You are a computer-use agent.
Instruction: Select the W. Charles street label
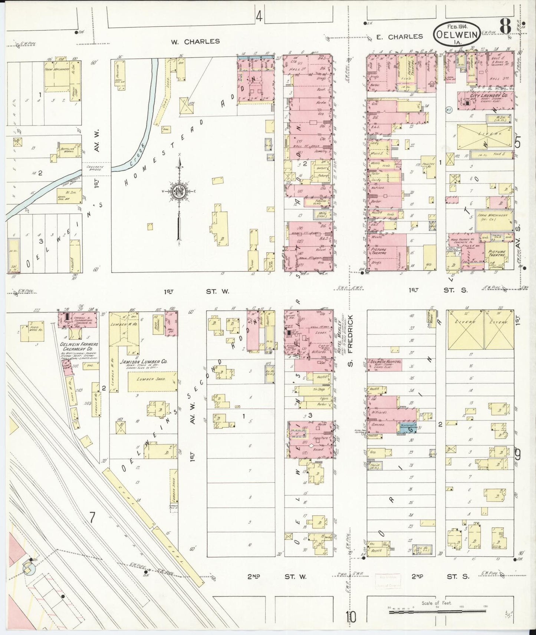tap(195, 41)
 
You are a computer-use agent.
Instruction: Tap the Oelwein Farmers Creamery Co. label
tap(76, 346)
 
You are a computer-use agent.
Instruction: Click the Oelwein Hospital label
tap(385, 361)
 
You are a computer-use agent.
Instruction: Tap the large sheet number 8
tap(505, 26)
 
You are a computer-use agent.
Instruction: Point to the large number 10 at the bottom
tap(351, 617)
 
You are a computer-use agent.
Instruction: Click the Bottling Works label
tap(67, 150)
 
